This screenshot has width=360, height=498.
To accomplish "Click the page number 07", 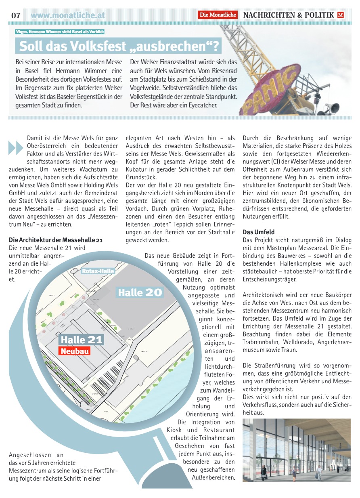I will click(x=16, y=15).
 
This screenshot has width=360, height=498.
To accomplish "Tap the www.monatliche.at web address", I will click(x=67, y=15).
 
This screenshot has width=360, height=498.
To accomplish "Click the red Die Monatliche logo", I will click(x=218, y=15).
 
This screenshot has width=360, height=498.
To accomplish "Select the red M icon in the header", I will click(x=341, y=15).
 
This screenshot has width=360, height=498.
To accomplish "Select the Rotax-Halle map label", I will click(x=98, y=271).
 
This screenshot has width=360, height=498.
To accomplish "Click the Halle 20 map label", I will click(x=140, y=292).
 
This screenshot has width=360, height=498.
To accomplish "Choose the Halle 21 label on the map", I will click(x=82, y=340).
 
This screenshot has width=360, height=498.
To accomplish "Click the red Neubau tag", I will click(x=75, y=351).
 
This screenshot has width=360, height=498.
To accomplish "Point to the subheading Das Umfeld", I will click(x=258, y=232).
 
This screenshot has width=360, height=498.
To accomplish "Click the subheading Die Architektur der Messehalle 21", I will click(x=56, y=240).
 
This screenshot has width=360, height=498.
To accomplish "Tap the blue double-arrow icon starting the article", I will click(x=15, y=147).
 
